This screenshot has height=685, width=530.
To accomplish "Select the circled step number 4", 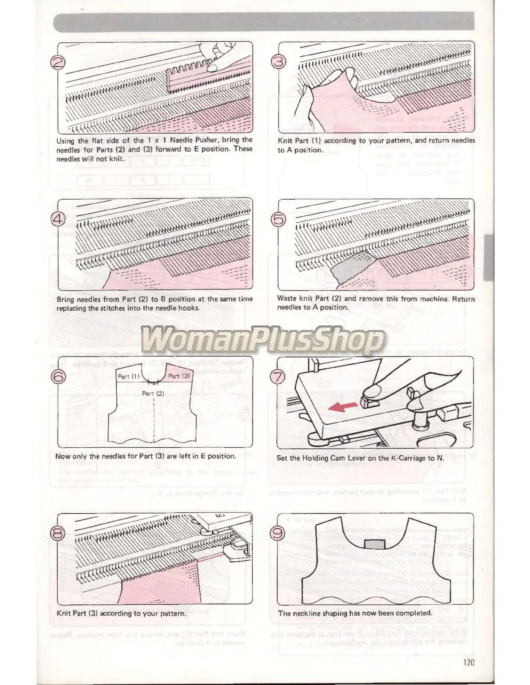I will [x=58, y=219].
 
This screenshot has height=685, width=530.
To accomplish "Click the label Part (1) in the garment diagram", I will [x=128, y=376].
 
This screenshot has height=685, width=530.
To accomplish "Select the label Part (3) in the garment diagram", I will [x=179, y=376].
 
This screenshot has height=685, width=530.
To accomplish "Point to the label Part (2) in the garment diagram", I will [x=153, y=393].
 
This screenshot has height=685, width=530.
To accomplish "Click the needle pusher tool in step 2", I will [x=190, y=77].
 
